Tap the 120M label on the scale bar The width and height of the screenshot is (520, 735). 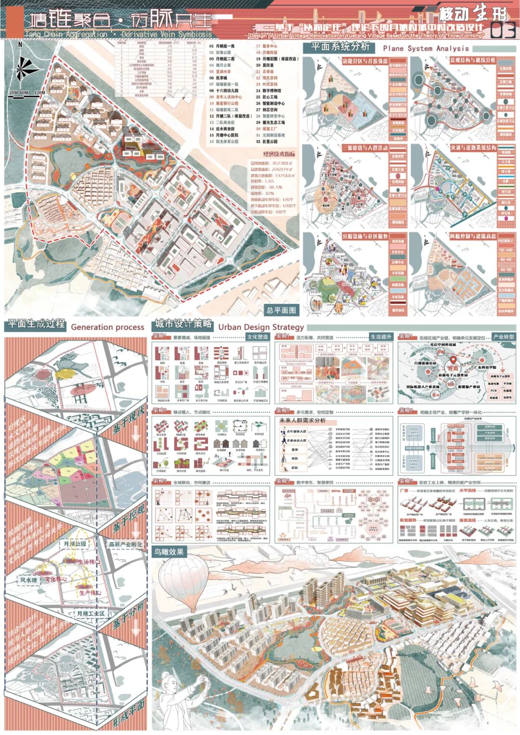click(39, 92)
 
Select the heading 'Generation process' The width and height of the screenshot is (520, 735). click(107, 327)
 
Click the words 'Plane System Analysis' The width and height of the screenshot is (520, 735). click(426, 48)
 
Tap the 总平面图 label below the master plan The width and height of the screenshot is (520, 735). click(281, 310)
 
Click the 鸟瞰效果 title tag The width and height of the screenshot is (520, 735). click(169, 551)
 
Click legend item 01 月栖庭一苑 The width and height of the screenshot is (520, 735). click(222, 46)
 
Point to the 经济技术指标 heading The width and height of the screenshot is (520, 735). click(279, 154)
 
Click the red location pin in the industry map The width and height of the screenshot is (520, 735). click(453, 361)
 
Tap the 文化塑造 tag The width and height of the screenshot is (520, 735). click(258, 337)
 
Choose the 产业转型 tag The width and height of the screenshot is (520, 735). click(504, 337)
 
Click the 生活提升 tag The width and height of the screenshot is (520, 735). click(381, 337)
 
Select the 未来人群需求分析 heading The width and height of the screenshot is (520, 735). click(303, 420)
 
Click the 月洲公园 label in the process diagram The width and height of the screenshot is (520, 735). click(75, 544)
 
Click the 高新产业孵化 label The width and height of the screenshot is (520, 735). click(126, 544)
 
